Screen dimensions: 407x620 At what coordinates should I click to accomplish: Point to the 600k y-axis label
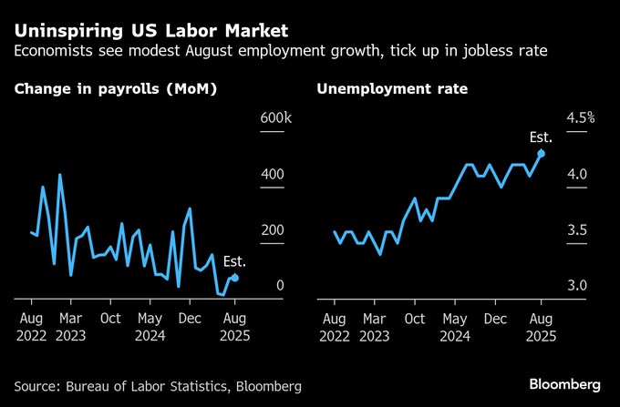point(275,118)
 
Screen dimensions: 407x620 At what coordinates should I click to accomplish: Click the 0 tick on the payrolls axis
point(280,286)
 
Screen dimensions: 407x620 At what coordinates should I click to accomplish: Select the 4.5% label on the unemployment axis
point(580,118)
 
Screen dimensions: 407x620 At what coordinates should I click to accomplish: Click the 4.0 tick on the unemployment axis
point(576,175)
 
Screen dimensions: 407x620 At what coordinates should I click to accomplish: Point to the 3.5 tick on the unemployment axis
point(576,230)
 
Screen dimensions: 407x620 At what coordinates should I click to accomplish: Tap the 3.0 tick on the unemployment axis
point(576,286)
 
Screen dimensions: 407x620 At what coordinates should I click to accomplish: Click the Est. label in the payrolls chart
point(234,262)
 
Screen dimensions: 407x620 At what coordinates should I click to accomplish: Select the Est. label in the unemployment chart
point(541,137)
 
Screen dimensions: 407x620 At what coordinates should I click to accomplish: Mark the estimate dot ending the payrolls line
point(235,278)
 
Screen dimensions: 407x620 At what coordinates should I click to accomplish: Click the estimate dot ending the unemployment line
point(541,153)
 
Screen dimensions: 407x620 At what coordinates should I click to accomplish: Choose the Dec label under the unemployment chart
point(494,319)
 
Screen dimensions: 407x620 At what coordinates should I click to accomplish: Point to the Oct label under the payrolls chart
point(110,319)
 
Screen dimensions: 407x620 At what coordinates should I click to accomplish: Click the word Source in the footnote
point(38,387)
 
